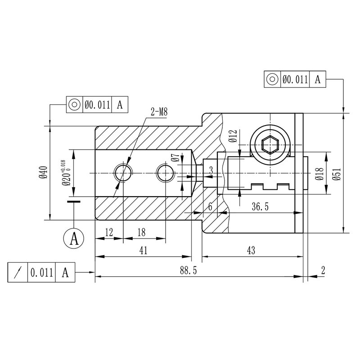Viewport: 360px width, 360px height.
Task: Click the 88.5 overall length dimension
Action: [x=188, y=270]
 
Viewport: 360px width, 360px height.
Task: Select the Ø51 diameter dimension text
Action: [x=337, y=172]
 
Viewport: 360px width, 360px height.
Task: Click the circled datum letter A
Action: [x=74, y=237]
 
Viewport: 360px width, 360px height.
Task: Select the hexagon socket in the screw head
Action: [x=270, y=144]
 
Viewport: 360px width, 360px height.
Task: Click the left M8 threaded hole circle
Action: [x=123, y=173]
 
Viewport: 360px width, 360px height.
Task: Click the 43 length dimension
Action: [x=252, y=251]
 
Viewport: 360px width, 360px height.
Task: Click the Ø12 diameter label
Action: [x=232, y=136]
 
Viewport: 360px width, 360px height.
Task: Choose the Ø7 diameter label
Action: [x=175, y=159]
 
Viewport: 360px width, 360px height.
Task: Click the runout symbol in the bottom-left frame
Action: [x=18, y=273]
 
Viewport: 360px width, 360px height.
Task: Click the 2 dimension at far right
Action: [x=323, y=270]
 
